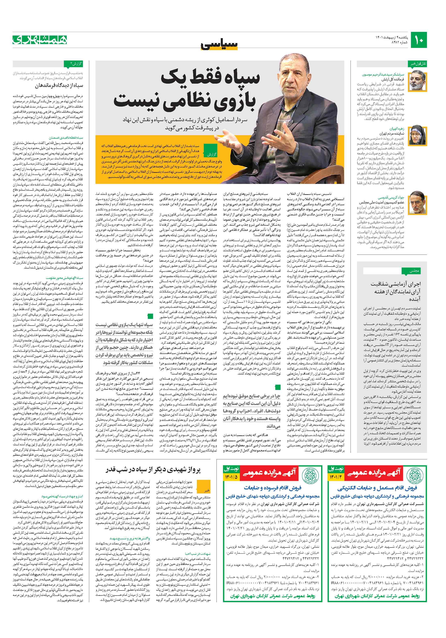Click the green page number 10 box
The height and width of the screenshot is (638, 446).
point(418,40)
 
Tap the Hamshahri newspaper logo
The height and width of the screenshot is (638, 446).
point(40,40)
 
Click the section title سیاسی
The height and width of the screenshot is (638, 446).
point(220,44)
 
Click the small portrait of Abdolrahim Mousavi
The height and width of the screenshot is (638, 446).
point(415,80)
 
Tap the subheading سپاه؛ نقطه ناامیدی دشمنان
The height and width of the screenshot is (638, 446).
point(66,138)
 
